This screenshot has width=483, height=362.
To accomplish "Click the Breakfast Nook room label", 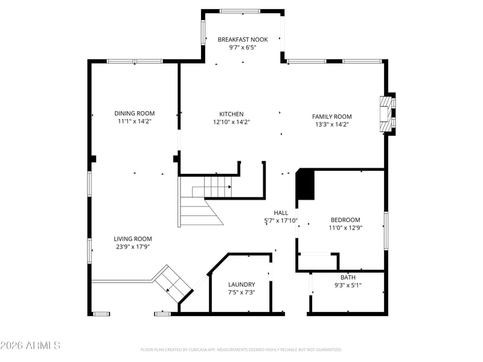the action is [243, 39].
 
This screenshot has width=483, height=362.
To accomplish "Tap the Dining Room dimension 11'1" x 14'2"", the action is [135, 121].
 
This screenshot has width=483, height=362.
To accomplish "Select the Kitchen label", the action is [231, 114].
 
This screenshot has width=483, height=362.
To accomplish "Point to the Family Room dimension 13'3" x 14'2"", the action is [331, 124].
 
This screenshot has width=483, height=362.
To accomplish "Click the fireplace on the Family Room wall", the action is [387, 114].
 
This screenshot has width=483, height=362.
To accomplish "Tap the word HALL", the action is [281, 213].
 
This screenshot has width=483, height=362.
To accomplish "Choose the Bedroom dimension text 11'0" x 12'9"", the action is [345, 228].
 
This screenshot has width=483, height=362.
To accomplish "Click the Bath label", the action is [348, 278].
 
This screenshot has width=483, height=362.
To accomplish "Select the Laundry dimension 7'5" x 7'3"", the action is [241, 293].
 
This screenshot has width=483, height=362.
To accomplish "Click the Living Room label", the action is [133, 238].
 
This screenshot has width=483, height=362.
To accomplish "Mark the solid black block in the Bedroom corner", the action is [305, 185].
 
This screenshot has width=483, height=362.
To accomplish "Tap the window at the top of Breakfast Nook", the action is [240, 11].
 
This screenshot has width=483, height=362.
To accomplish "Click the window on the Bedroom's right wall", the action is [386, 231].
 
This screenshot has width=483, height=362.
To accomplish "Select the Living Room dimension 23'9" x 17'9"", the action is [133, 247].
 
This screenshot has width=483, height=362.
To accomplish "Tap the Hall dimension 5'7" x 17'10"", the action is [281, 220].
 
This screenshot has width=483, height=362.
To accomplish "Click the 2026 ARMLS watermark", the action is [30, 345].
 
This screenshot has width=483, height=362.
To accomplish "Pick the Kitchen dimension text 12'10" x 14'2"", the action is [231, 122].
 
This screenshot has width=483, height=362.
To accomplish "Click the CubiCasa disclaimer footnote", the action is [241, 350].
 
